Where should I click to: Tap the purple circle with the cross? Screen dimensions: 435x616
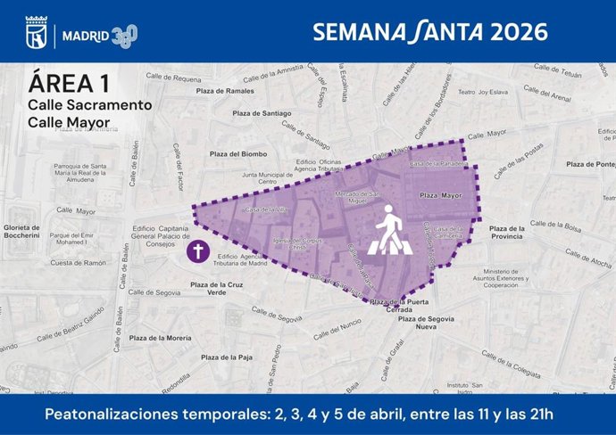[198, 252]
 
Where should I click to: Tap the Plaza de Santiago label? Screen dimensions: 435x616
[262, 113]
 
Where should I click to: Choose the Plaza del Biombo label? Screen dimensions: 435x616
[237, 153]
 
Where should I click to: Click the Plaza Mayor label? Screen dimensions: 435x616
[440, 194]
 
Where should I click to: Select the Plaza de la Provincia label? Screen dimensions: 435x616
[517, 233]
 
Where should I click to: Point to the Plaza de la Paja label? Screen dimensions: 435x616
[223, 357]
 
